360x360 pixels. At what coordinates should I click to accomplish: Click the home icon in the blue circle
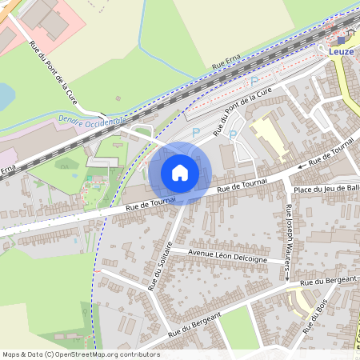point(180,172)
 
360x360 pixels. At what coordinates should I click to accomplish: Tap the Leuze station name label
point(341,50)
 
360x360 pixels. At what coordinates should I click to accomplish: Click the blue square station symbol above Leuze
point(342,38)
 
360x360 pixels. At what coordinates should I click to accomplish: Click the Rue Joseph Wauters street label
point(287,241)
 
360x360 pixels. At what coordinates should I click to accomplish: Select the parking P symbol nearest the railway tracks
point(254,81)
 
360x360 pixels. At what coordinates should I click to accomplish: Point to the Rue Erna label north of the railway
point(226,62)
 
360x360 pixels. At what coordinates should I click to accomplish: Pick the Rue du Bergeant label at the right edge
point(329,280)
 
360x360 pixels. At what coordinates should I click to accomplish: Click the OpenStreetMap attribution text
point(80,354)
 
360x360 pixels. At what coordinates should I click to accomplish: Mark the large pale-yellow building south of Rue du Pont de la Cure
point(270,136)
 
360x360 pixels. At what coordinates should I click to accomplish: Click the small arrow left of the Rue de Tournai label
point(301,166)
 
